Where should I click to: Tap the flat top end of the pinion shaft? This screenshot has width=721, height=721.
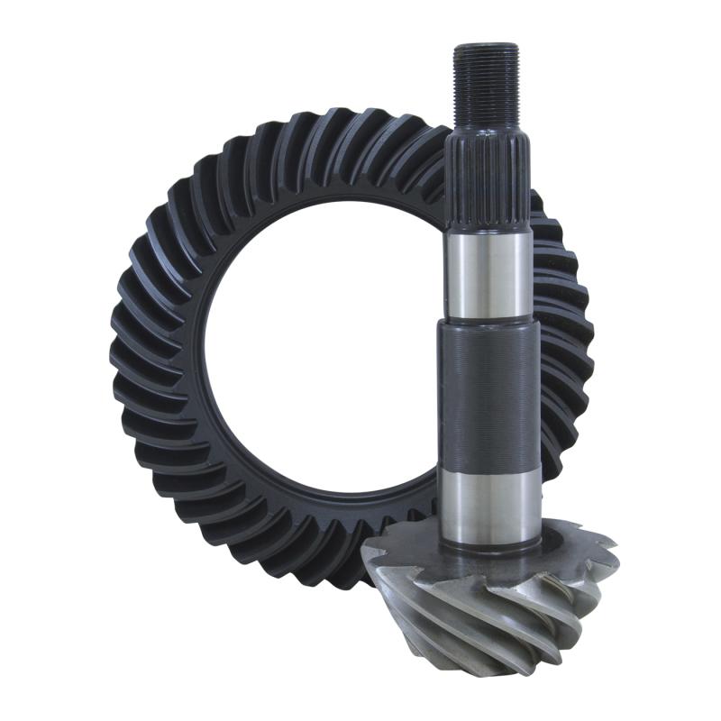(486, 46)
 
